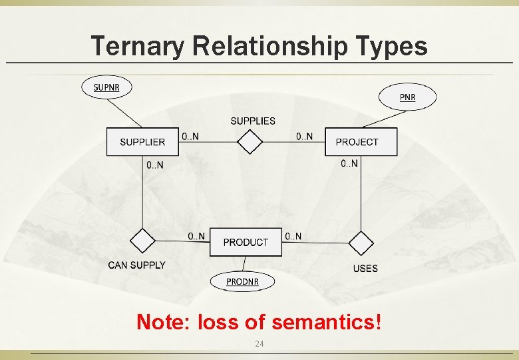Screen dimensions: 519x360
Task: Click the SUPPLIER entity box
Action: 142,142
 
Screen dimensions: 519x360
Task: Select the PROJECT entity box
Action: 361,142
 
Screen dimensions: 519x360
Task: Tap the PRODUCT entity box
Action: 246,242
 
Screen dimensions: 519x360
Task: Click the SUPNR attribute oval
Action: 106,87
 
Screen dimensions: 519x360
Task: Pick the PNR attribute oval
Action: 407,97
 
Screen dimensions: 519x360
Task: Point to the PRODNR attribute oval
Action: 242,281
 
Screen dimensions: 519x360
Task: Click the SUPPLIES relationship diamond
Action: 250,141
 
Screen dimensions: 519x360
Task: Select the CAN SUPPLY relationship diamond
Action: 142,240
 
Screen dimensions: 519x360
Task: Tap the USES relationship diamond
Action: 361,243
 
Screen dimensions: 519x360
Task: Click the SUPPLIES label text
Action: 253,121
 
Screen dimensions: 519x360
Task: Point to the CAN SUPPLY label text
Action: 136,265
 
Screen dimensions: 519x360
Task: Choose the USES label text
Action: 365,269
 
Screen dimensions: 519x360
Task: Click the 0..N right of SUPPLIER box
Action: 190,137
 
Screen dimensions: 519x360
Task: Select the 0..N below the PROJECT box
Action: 349,163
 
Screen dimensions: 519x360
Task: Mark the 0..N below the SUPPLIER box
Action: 154,165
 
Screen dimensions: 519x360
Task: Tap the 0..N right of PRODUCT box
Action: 293,236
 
